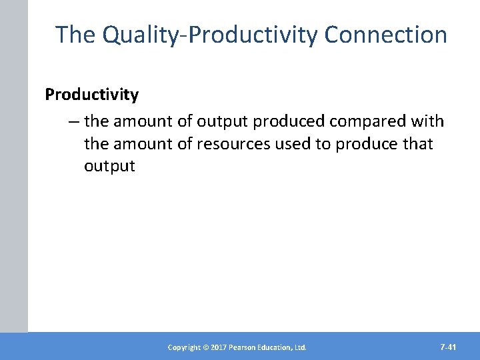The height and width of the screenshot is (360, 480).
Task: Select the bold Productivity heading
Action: [x=92, y=95]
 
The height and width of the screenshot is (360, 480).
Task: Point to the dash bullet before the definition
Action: [x=73, y=121]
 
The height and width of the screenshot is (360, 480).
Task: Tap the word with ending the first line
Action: [x=429, y=121]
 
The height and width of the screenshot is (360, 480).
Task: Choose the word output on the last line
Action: [x=109, y=166]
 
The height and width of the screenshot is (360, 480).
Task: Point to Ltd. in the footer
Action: [x=300, y=347]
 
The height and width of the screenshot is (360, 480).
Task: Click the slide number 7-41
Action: [x=449, y=347]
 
